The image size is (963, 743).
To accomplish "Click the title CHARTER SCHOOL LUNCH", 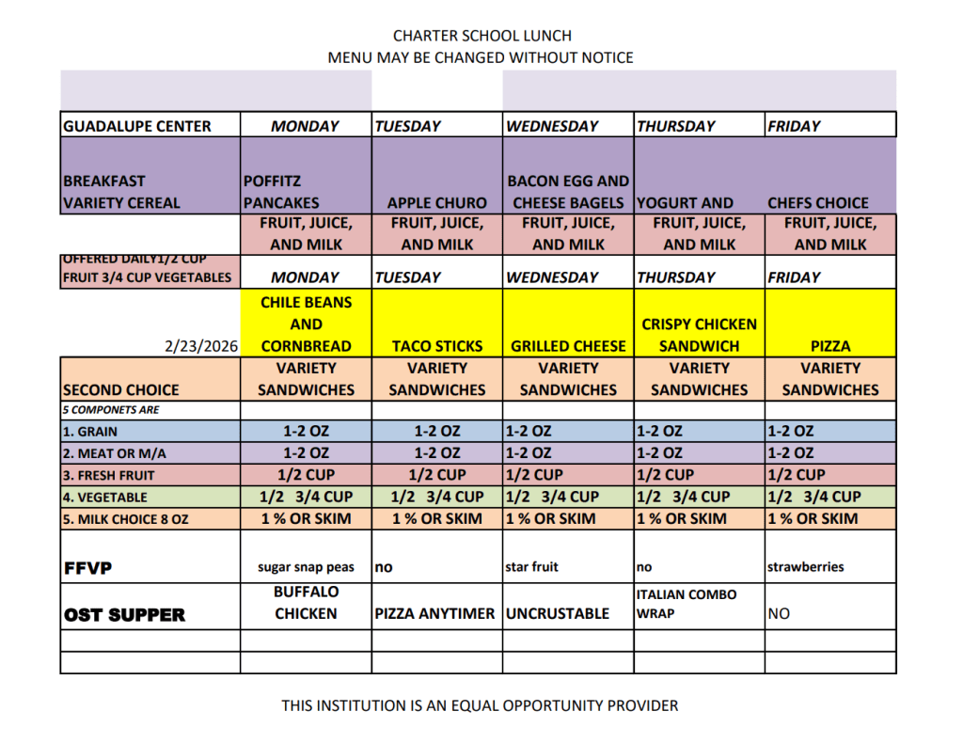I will click(x=481, y=36).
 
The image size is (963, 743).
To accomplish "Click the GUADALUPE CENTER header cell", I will click(x=137, y=126).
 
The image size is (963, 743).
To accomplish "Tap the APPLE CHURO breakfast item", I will click(x=437, y=202).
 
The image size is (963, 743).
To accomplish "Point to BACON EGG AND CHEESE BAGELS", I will click(x=568, y=191).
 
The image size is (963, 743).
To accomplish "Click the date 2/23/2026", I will click(x=201, y=346).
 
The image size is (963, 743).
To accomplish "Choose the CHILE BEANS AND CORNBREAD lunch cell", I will click(x=306, y=324).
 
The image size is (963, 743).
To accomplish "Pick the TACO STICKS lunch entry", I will click(x=437, y=346).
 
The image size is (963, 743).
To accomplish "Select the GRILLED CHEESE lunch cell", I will click(x=568, y=346).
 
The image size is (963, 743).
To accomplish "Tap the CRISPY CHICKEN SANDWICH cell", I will click(x=699, y=335).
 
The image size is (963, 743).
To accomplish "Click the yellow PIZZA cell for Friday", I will click(x=830, y=346).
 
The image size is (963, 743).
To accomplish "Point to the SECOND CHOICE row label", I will click(x=121, y=389).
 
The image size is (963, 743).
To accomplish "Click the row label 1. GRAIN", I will click(x=90, y=432).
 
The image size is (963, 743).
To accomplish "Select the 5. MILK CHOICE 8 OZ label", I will click(x=127, y=519).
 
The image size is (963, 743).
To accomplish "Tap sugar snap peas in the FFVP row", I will click(x=307, y=567).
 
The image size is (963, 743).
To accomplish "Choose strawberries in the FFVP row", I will click(x=806, y=567).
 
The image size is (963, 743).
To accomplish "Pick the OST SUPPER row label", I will click(x=124, y=615).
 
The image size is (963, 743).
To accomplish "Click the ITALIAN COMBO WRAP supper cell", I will click(x=687, y=604).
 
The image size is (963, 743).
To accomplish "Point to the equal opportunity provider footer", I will click(x=480, y=705).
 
